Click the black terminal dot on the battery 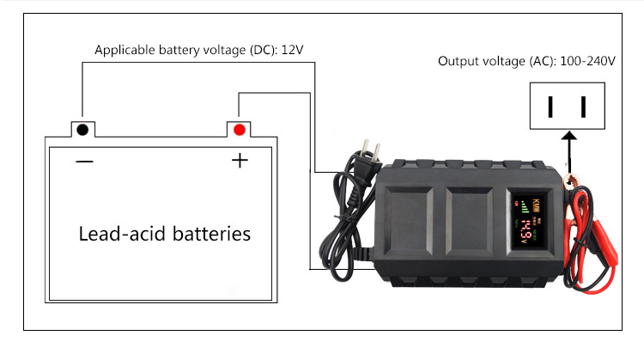click(82, 130)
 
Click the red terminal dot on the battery click(239, 130)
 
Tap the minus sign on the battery click(83, 162)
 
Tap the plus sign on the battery click(239, 162)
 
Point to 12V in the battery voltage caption click(292, 50)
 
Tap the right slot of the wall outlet click(584, 107)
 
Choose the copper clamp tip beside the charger click(570, 181)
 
